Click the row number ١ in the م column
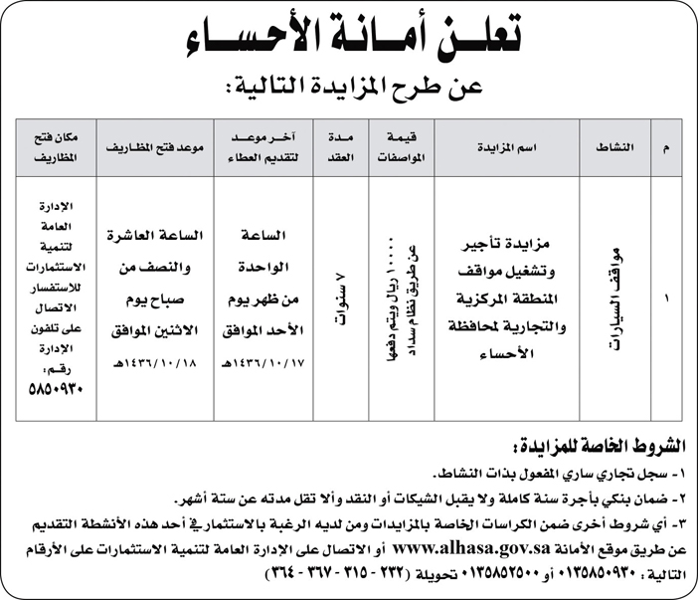click(666, 298)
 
